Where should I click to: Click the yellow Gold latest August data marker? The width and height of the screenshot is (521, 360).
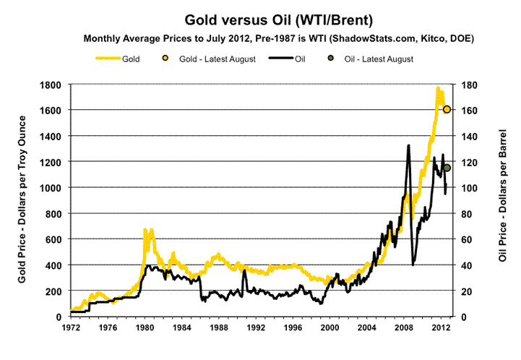[x=447, y=109]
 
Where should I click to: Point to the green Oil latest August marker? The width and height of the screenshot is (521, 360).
[x=447, y=168]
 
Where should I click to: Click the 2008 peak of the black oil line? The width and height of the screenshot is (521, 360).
[x=408, y=146]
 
